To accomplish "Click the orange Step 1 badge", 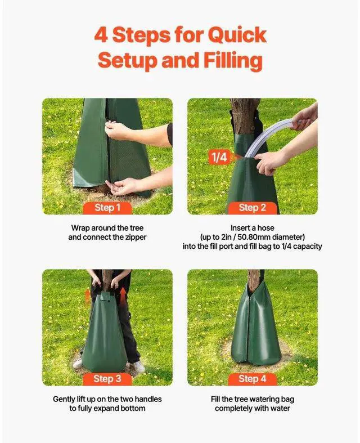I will tap(107, 208).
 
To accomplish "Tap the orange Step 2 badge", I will tap(252, 208).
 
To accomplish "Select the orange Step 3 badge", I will tap(107, 379).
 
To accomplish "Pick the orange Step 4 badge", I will tap(252, 379).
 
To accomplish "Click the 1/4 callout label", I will tap(218, 157).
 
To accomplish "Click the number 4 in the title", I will tap(101, 35).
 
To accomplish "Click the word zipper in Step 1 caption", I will tap(134, 238).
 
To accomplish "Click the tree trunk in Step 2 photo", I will tap(245, 115).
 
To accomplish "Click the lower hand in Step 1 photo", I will tap(125, 185).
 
